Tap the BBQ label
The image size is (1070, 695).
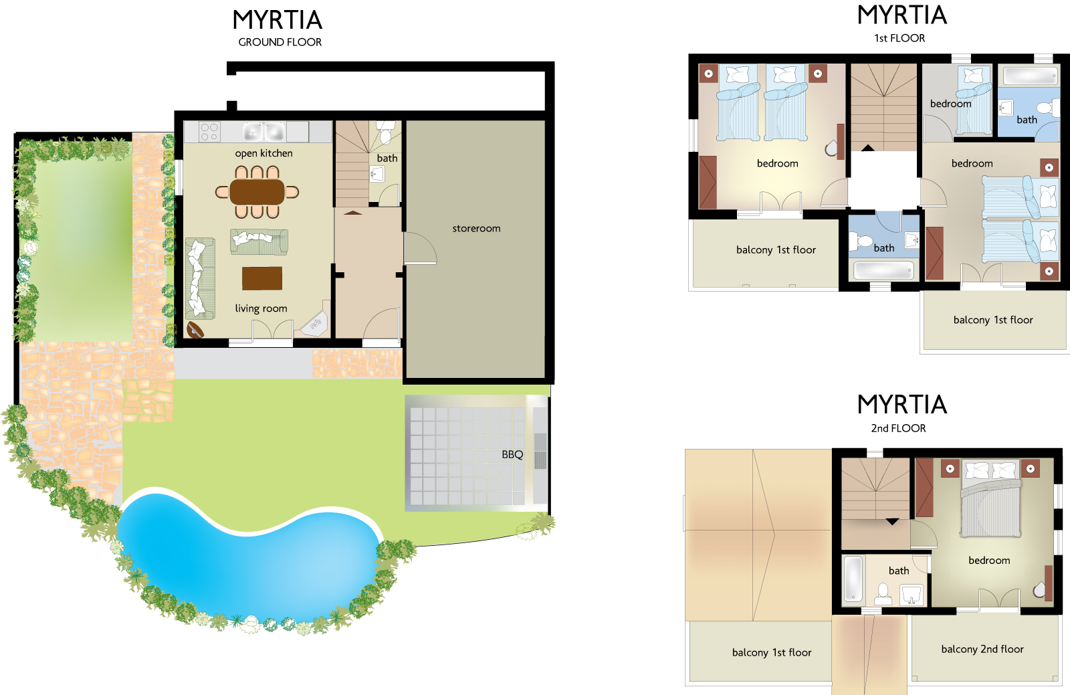coord(512,455)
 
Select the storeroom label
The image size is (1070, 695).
coord(476,228)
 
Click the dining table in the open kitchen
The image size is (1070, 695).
coord(257,192)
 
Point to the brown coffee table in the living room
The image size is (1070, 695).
coord(261,278)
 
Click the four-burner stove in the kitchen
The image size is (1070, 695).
coord(209,132)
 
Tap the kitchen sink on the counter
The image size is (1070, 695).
coord(263,132)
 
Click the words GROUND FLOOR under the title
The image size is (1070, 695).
coord(280,42)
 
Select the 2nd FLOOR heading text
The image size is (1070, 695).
coord(898,428)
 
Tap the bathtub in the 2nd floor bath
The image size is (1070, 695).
coord(853,579)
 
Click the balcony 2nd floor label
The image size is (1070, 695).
coord(982,649)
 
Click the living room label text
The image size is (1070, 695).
coord(261,308)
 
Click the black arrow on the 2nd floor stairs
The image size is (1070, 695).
coord(892,522)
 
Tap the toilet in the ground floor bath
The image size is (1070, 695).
coord(385,132)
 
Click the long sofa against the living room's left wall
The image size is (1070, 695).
coord(200,278)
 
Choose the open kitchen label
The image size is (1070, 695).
coord(263,153)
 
